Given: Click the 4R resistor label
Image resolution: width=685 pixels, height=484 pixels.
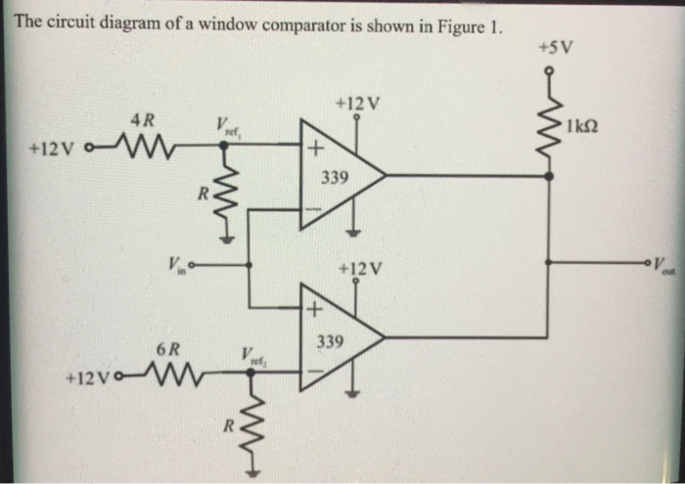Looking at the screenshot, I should [143, 121].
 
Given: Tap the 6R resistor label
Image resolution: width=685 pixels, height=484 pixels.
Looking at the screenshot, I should [167, 348].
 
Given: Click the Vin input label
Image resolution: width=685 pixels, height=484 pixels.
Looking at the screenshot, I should [174, 262].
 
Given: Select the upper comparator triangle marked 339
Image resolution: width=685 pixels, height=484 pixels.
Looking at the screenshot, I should [337, 176].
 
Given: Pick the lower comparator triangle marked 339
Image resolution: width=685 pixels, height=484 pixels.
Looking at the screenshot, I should [337, 337].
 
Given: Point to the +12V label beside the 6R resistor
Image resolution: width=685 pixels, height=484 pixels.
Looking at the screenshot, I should [86, 376].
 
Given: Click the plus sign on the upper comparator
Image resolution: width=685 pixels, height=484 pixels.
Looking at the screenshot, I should [314, 150].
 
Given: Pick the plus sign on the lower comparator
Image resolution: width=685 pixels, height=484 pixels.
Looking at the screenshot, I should [314, 311].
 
